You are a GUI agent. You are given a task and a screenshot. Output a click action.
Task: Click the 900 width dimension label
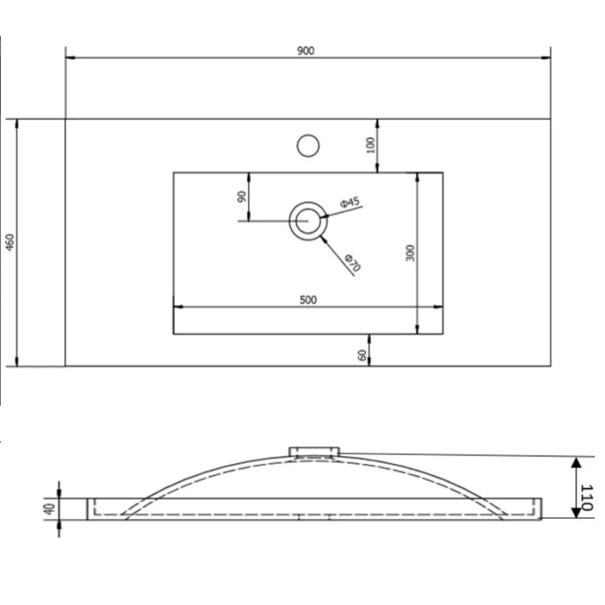306,51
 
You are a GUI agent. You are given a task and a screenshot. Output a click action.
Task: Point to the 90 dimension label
242,197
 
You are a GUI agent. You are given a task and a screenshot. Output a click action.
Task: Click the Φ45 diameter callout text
350,202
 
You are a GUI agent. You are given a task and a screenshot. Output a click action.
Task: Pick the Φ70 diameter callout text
353,263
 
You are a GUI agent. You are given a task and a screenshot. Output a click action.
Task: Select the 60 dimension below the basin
362,355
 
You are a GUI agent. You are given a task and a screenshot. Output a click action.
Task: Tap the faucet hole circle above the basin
308,146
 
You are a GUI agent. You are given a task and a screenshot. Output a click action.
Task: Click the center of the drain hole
308,221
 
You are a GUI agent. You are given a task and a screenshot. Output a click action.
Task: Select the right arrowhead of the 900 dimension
547,58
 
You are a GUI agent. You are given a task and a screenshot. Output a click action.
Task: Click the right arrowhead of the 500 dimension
438,307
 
